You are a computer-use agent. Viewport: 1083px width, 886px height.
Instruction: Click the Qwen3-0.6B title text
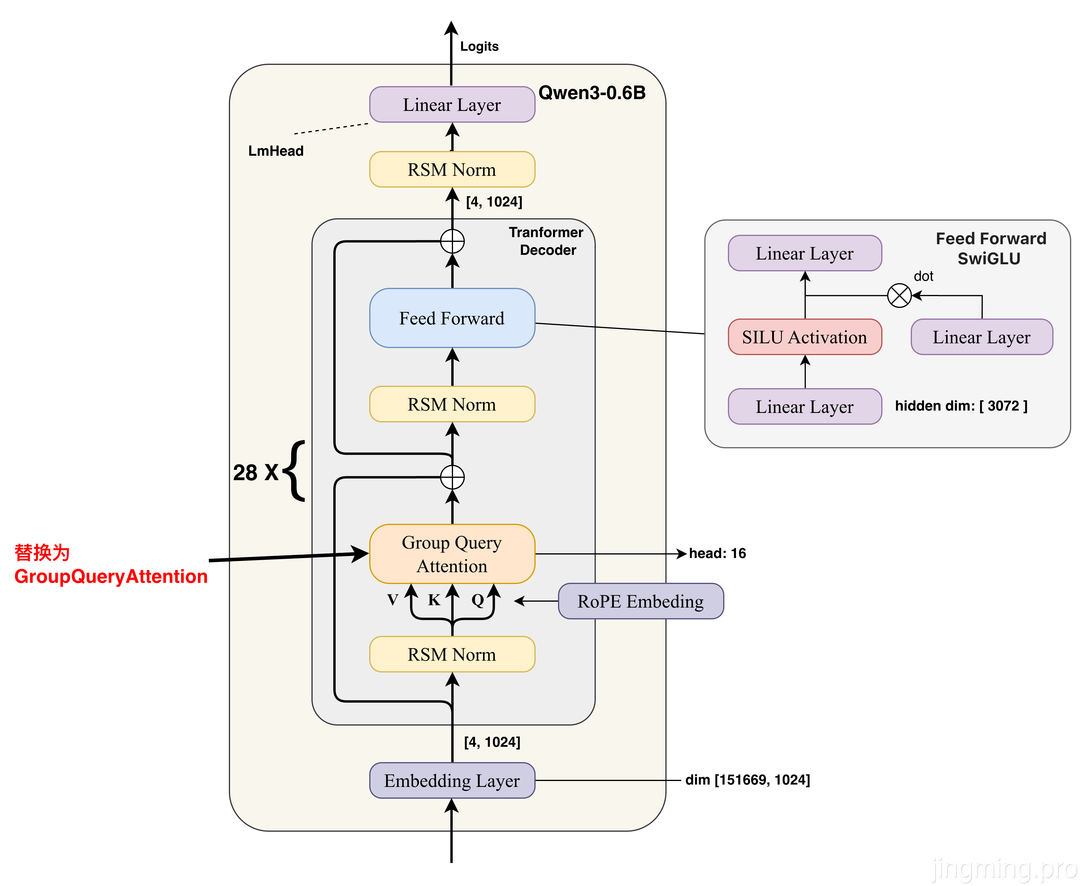pyautogui.click(x=592, y=93)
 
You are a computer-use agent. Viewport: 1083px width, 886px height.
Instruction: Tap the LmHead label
pyautogui.click(x=275, y=151)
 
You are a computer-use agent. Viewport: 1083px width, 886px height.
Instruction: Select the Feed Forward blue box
pyautogui.click(x=452, y=318)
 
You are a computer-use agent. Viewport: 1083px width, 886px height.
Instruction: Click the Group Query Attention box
pyautogui.click(x=452, y=554)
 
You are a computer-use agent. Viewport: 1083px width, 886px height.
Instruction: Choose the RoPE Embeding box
pyautogui.click(x=641, y=601)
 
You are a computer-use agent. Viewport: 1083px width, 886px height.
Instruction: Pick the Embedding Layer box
pyautogui.click(x=452, y=780)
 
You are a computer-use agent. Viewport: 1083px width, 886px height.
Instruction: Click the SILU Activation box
pyautogui.click(x=804, y=337)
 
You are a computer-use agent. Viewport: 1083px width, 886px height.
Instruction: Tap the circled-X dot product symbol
pyautogui.click(x=899, y=296)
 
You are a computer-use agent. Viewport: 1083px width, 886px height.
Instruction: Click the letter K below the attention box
pyautogui.click(x=434, y=600)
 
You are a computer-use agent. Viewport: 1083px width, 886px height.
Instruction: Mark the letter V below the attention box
pyautogui.click(x=393, y=600)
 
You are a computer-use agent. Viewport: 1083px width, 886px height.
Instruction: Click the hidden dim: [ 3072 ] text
pyautogui.click(x=961, y=406)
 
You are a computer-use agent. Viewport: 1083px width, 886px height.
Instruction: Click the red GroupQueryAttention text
pyautogui.click(x=111, y=576)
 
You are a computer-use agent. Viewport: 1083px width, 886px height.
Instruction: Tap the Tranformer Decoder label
pyautogui.click(x=547, y=241)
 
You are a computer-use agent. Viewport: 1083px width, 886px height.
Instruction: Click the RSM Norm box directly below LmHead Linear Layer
pyautogui.click(x=452, y=169)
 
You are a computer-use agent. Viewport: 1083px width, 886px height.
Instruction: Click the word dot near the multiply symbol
pyautogui.click(x=923, y=276)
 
